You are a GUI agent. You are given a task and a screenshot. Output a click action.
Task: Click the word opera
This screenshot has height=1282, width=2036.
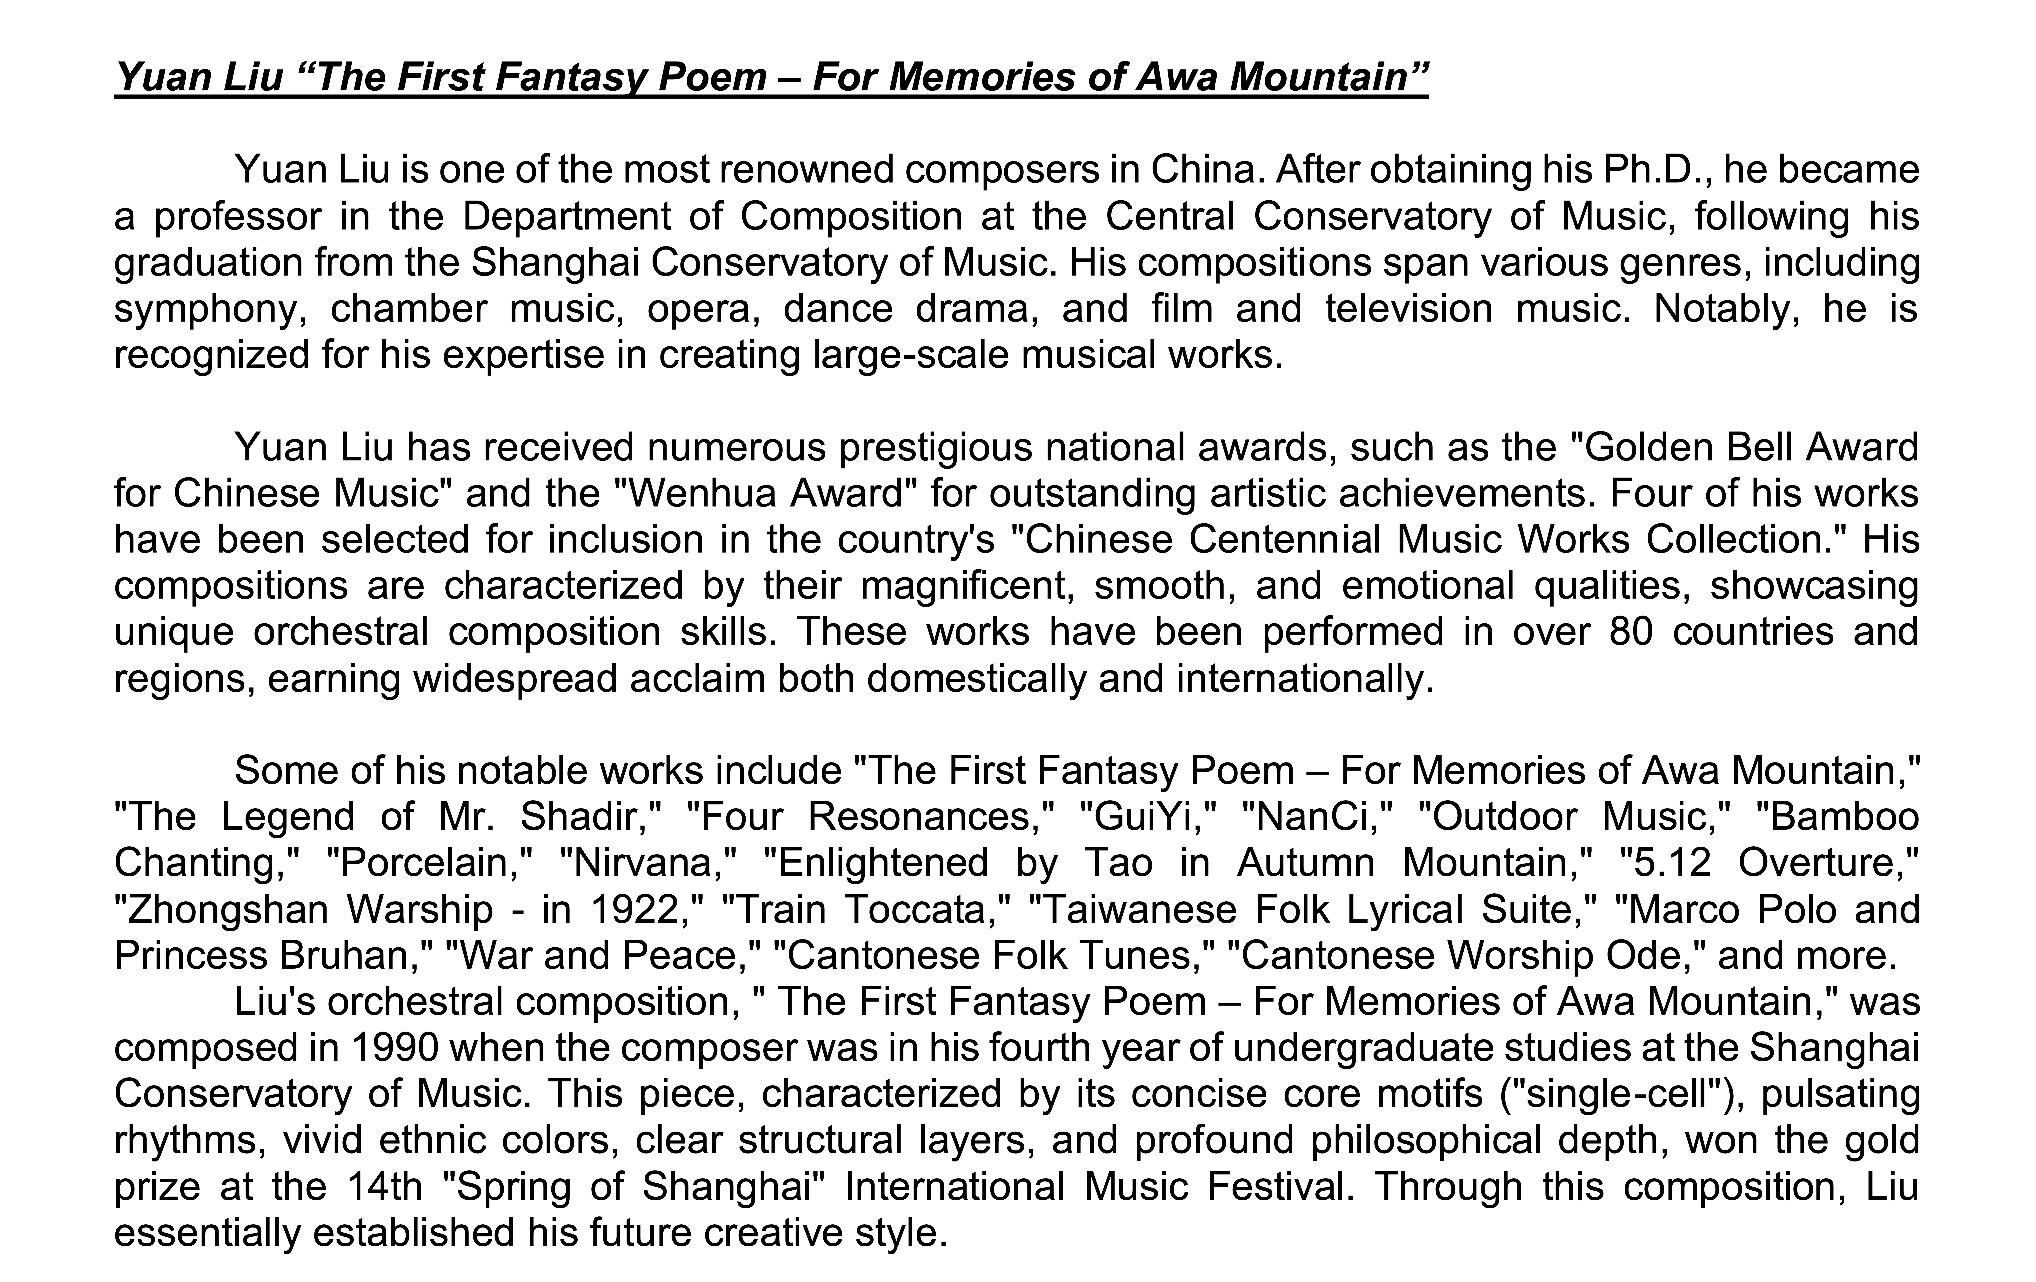click(x=703, y=309)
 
